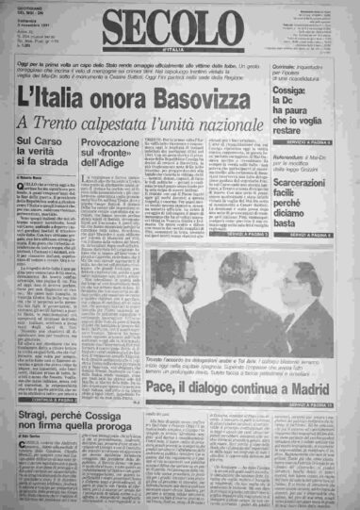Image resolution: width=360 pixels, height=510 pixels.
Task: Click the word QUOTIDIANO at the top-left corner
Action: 19,7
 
